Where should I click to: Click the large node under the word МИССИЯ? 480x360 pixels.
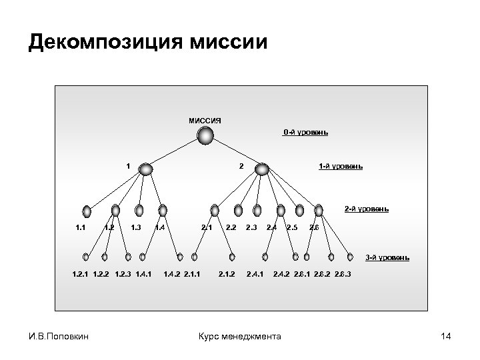(205, 137)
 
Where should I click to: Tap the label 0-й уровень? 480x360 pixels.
(305, 132)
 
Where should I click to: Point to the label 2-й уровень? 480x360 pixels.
(366, 209)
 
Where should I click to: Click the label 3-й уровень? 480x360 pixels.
(387, 257)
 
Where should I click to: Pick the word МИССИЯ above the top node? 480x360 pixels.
(205, 121)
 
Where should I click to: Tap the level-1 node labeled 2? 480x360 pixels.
(262, 169)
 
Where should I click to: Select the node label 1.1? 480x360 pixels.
(81, 228)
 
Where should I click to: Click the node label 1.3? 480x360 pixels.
(135, 228)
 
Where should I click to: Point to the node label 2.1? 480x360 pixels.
(207, 228)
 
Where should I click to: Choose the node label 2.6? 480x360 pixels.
(315, 228)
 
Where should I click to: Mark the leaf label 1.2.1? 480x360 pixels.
(82, 273)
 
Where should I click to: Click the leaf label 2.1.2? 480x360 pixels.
(227, 273)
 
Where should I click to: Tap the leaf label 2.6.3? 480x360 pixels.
(344, 273)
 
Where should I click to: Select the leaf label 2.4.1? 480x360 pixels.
(255, 273)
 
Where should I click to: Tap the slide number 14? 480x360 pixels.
(446, 337)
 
